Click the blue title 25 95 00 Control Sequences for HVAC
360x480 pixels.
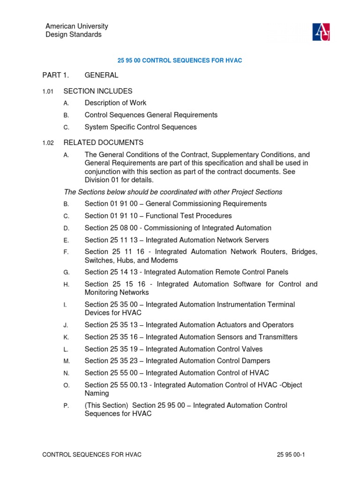[x=179, y=61]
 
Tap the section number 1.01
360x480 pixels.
[x=48, y=91]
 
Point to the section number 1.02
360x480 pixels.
[x=48, y=143]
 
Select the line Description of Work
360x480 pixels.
[x=115, y=103]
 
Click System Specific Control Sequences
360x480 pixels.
[x=141, y=127]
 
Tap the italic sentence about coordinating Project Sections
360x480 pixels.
[x=173, y=192]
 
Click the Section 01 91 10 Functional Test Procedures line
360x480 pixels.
[x=158, y=216]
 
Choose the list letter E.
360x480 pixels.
[x=66, y=240]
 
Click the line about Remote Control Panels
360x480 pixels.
[x=186, y=272]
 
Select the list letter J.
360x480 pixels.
[x=66, y=325]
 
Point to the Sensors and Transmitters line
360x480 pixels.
[x=191, y=337]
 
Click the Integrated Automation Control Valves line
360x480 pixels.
[x=173, y=349]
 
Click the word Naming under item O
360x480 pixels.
[x=97, y=394]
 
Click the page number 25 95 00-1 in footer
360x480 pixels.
[x=291, y=455]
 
